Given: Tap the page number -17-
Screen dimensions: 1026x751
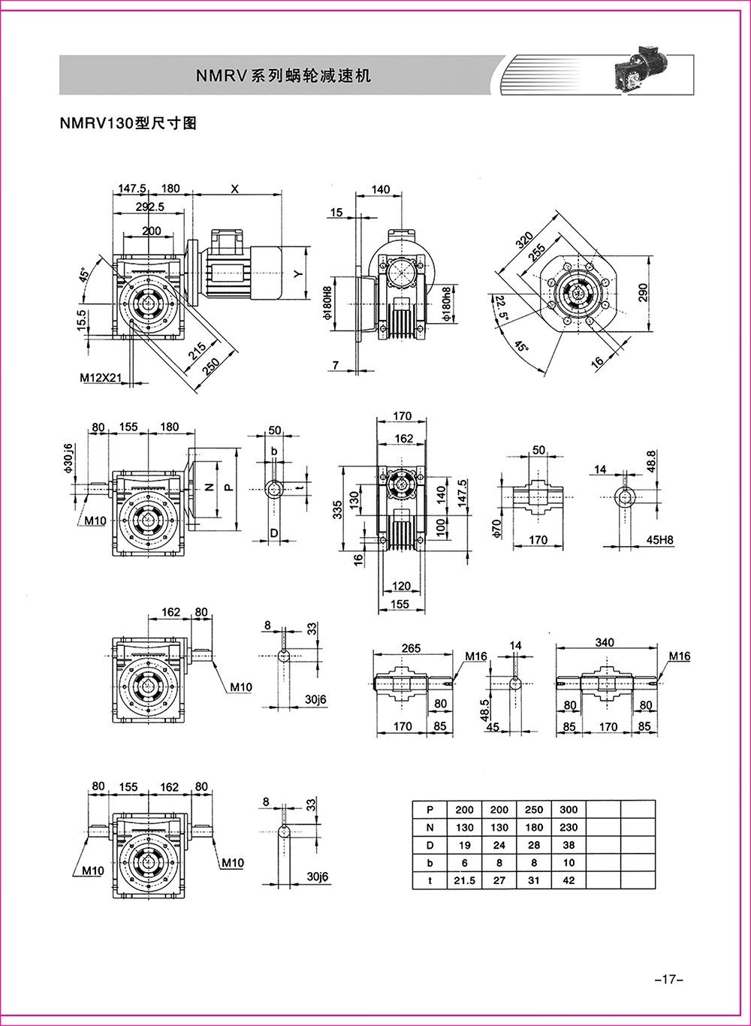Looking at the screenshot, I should tap(668, 979).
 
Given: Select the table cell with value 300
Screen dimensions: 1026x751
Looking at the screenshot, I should tap(569, 809).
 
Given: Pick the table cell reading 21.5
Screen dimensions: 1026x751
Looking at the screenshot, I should tap(464, 880).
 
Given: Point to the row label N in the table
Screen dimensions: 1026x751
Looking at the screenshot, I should tap(430, 827).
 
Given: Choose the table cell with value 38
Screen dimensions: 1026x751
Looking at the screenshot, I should tap(569, 845).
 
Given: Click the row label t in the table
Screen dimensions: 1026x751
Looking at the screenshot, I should tap(430, 880).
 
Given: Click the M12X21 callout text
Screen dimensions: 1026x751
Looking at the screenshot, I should tap(101, 379).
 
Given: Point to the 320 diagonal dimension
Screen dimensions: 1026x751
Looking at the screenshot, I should tap(526, 242).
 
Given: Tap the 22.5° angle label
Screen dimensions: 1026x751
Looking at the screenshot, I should tap(500, 307).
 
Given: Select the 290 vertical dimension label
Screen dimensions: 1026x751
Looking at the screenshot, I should tap(643, 291).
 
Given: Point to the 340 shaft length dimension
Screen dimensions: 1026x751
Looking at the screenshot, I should tap(605, 642).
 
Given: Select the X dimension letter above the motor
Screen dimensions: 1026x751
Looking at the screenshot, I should tap(234, 189).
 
